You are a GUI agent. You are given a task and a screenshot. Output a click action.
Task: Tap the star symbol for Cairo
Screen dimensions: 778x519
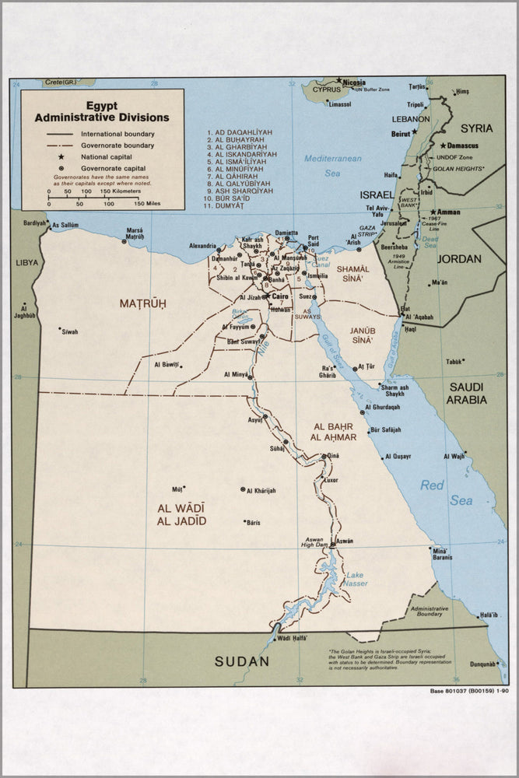click(266, 296)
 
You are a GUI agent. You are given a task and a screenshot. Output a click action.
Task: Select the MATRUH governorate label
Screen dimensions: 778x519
click(142, 303)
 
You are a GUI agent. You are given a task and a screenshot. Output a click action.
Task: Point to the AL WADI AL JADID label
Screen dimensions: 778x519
click(181, 514)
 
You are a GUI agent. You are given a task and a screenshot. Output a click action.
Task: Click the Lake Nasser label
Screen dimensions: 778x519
click(355, 579)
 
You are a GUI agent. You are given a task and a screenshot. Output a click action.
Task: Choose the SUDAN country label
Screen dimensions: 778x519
click(242, 662)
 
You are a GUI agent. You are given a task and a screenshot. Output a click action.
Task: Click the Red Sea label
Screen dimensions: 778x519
click(446, 493)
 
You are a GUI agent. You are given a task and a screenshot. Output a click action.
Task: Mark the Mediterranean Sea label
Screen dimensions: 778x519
click(333, 165)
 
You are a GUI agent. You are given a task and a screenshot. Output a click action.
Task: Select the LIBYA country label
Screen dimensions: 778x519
click(26, 263)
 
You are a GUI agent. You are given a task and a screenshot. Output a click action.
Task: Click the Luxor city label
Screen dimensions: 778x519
click(331, 480)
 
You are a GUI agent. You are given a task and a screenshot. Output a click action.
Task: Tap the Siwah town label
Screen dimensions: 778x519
click(70, 332)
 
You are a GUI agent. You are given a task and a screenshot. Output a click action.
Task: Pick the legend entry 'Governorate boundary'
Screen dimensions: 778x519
click(117, 145)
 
